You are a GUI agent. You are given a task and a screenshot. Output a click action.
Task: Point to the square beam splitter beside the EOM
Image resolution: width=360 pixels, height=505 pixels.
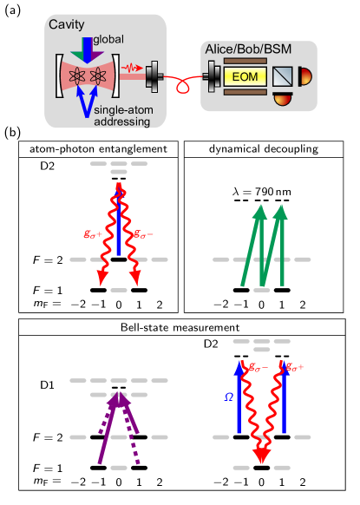pyautogui.click(x=287, y=78)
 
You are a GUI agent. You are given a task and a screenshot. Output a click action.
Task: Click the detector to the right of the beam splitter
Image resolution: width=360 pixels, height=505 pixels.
pyautogui.click(x=306, y=78)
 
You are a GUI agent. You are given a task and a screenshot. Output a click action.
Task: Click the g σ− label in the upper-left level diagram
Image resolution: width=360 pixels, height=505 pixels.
pyautogui.click(x=142, y=234)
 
